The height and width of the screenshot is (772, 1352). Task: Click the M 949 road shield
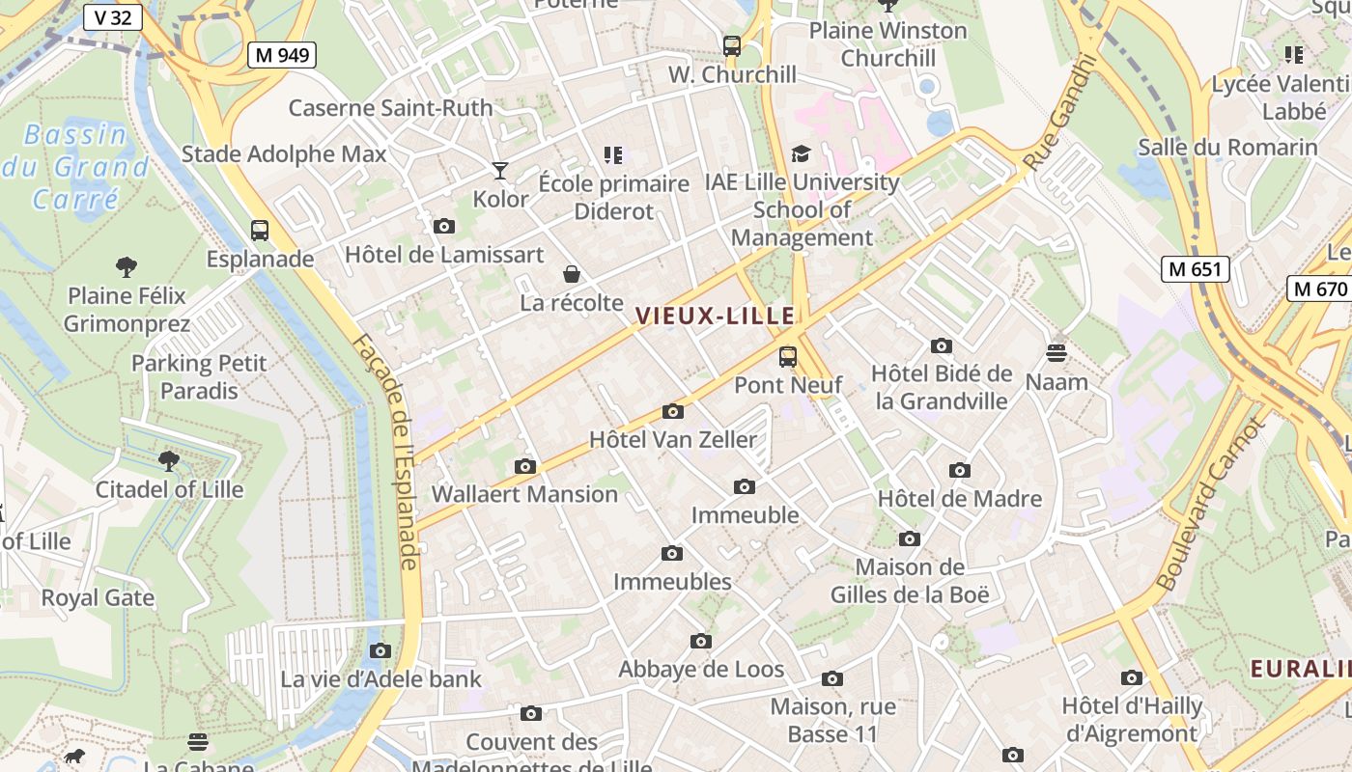[x=282, y=54]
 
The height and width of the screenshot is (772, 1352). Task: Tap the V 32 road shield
[x=113, y=16]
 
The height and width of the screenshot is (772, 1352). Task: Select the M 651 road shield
[x=1195, y=269]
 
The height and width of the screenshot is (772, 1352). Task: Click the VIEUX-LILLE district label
[x=716, y=316]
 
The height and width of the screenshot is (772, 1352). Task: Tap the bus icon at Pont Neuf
[x=788, y=357]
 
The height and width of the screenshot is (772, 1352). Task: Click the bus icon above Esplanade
[x=260, y=231]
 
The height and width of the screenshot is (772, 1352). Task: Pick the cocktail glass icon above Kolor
[x=500, y=171]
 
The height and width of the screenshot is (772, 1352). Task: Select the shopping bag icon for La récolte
[x=572, y=275]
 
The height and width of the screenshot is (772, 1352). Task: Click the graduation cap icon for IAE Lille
[x=801, y=154]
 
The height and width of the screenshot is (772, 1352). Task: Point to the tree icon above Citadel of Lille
[x=169, y=460]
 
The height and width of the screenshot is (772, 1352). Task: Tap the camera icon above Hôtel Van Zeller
[x=673, y=412]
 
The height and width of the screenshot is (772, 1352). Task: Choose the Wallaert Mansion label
[x=524, y=494]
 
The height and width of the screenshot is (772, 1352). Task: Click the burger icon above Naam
[x=1056, y=353]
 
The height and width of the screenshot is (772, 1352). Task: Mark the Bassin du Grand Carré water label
[x=76, y=167]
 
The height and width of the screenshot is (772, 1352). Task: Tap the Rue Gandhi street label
[x=1060, y=113]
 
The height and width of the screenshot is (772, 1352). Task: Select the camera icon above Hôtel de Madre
[x=959, y=471]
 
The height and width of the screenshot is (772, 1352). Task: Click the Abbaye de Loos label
[x=701, y=669]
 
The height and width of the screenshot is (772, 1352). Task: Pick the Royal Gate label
[x=98, y=597]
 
